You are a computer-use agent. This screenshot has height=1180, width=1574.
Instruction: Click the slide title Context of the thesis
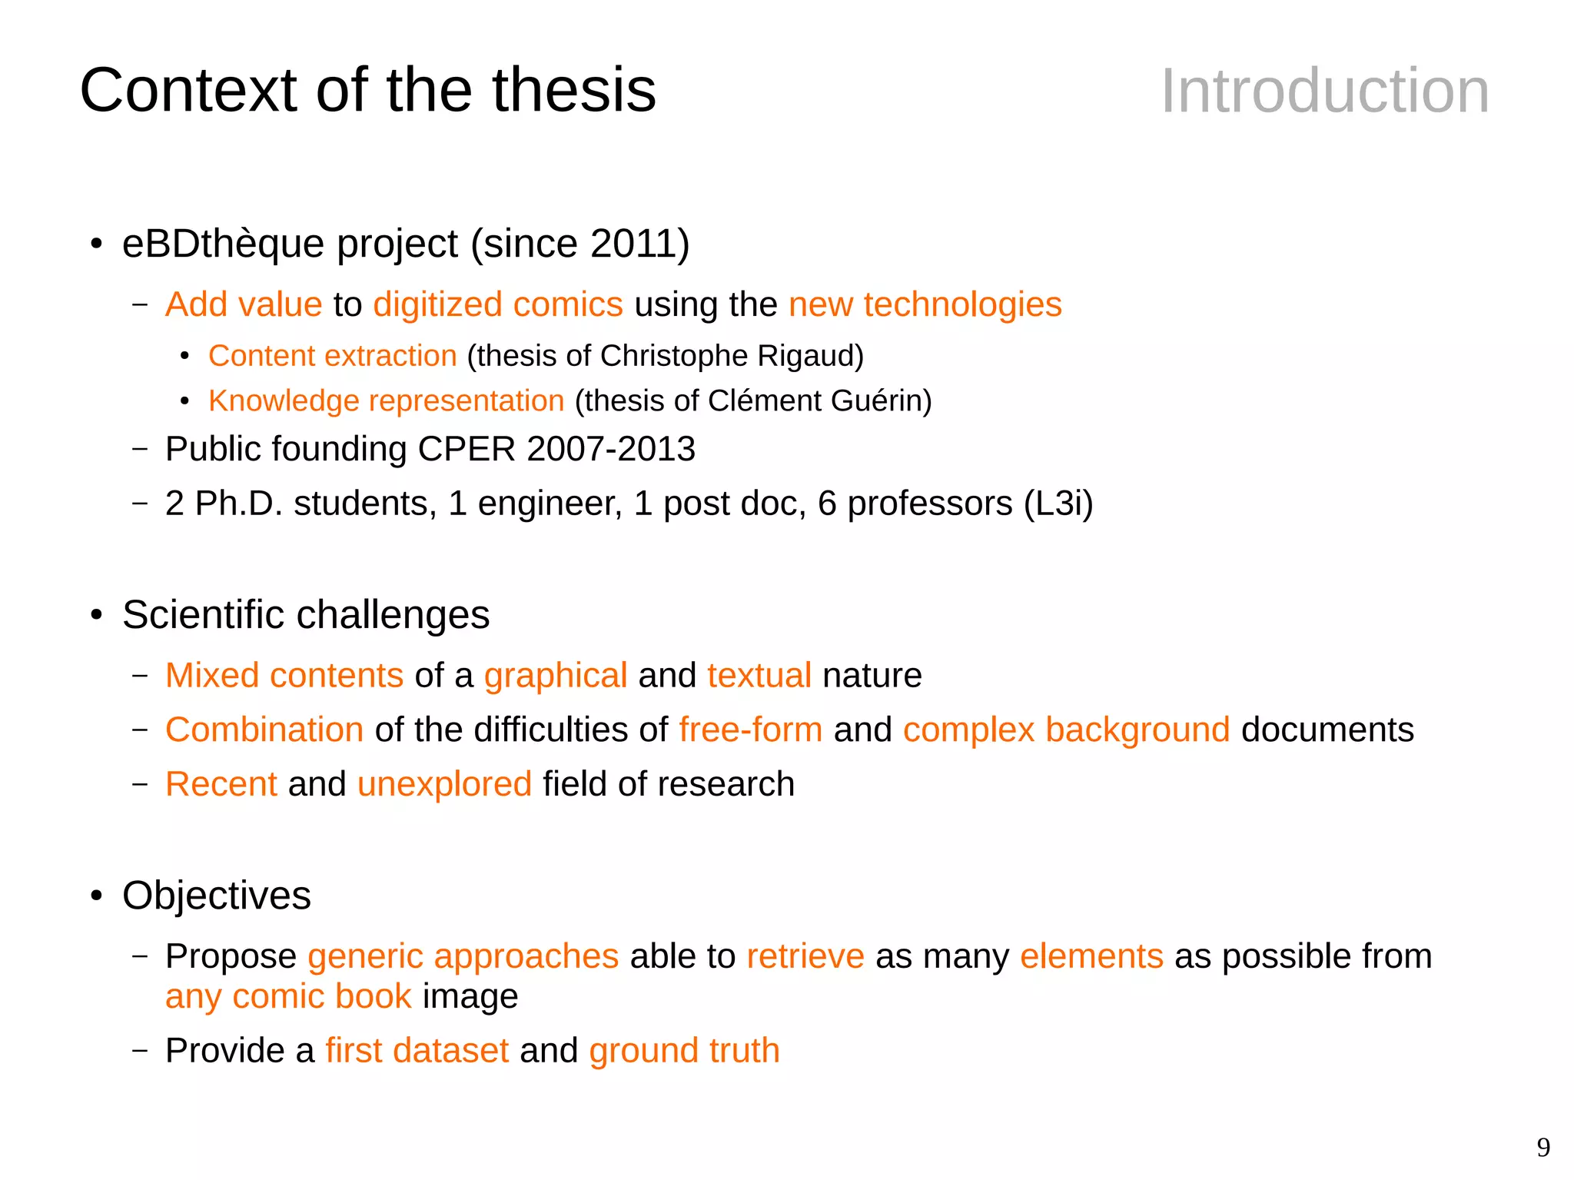(367, 90)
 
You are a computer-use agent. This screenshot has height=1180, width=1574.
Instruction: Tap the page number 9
(1543, 1148)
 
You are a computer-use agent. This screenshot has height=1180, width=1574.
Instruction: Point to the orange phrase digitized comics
(497, 304)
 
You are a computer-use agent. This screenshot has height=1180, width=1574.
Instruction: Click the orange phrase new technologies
(925, 304)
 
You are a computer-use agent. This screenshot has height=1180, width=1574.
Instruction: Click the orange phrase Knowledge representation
(386, 401)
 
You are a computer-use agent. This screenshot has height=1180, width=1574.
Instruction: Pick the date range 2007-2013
(611, 449)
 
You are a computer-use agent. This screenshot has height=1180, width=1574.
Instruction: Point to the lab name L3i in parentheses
(1058, 504)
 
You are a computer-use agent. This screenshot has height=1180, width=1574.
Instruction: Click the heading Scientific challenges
(305, 615)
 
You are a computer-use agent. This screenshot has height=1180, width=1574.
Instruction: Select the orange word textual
(759, 676)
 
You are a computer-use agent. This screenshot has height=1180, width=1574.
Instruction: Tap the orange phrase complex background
(1066, 730)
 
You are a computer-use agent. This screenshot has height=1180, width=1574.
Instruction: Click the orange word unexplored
(444, 784)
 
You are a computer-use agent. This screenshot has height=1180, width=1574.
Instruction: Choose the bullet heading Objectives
(216, 896)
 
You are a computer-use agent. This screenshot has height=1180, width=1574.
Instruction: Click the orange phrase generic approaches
(463, 956)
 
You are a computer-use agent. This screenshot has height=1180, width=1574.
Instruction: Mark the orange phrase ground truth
(684, 1051)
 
